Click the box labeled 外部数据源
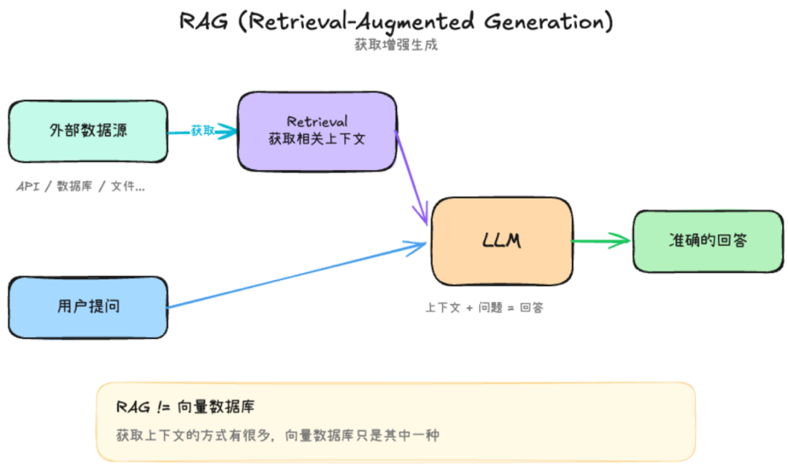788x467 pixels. pos(88,131)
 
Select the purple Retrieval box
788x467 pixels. pos(317,131)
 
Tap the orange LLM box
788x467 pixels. pos(502,241)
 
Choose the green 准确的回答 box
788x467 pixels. pos(708,242)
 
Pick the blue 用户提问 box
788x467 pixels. pos(88,307)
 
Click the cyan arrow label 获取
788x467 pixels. pos(203,131)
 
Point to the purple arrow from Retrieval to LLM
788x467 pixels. pos(411,178)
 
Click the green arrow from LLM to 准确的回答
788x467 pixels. pos(601,241)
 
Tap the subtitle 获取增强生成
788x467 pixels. pos(396,45)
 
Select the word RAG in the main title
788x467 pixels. pos(204,22)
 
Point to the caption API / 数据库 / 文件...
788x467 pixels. pos(80,187)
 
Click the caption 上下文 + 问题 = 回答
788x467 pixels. pos(484,307)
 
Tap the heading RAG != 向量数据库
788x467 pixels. pos(185,406)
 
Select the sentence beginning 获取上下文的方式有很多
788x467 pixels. pos(277,435)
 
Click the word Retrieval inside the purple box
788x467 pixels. pos(317,122)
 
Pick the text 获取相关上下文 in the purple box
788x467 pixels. pos(317,139)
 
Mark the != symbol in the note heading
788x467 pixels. pos(163,406)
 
